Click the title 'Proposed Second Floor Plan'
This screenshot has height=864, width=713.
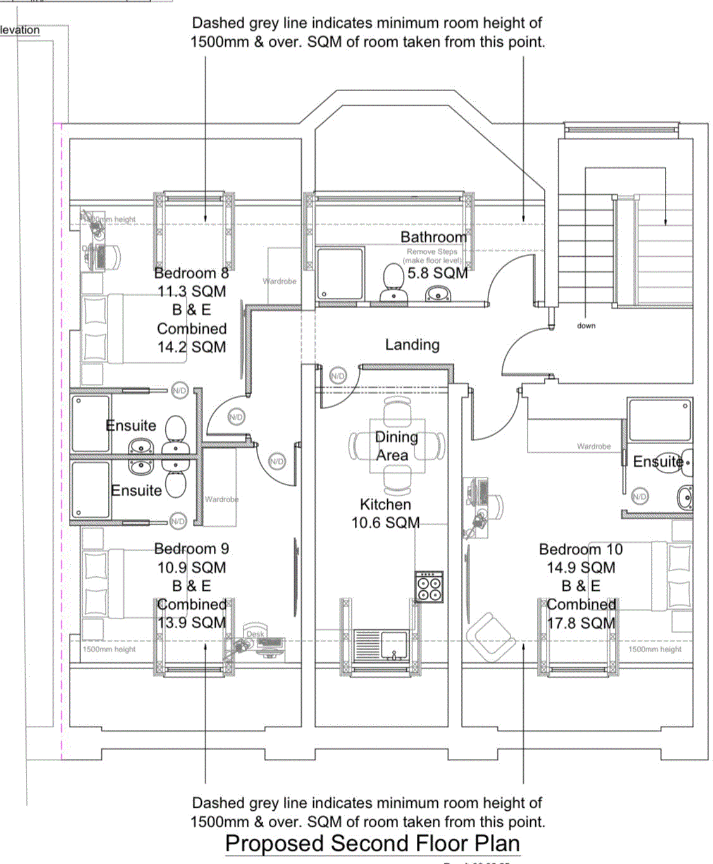373,844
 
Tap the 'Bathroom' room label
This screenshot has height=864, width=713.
433,237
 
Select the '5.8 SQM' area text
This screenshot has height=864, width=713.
437,273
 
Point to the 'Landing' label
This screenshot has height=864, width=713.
412,345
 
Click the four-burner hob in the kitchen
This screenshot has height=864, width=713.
429,587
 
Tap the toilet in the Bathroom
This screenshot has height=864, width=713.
394,278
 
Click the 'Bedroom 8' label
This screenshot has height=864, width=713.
191,273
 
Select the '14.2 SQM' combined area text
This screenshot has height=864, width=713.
191,347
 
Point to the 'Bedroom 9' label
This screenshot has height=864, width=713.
191,549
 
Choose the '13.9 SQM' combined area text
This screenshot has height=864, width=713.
191,623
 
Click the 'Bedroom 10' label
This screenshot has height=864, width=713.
580,550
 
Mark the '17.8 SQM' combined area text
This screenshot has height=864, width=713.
580,624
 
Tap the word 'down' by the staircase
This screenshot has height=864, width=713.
586,326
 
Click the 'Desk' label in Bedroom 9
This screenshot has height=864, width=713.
255,634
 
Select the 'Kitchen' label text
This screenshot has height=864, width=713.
385,505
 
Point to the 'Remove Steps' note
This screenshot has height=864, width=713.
431,252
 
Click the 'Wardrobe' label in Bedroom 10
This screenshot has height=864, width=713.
593,447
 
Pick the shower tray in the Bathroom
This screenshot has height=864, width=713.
340,273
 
